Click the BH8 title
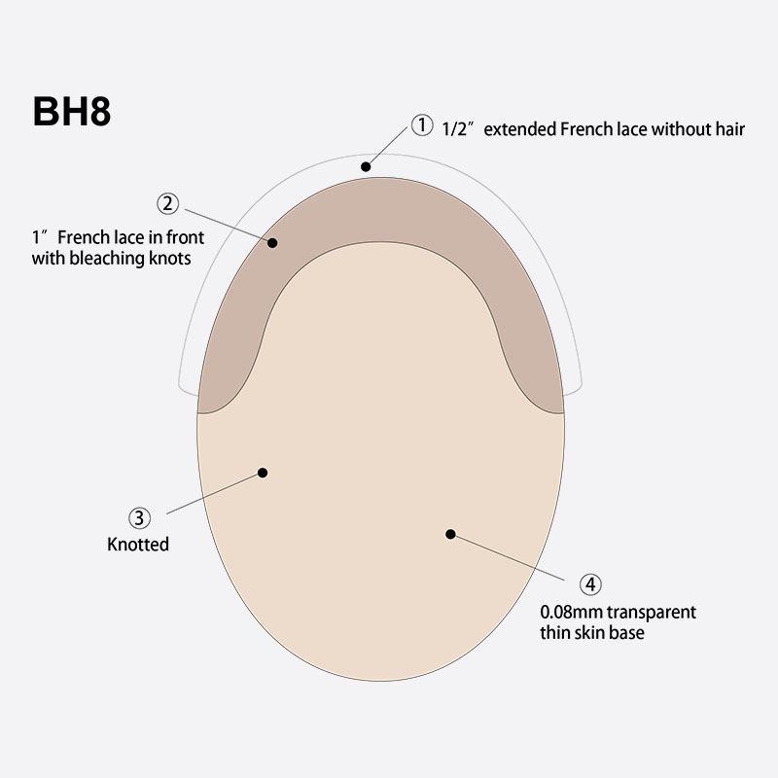72,111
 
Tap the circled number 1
421,125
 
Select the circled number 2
167,203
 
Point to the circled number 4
590,584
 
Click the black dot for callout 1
366,166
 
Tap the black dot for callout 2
273,242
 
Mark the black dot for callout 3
262,473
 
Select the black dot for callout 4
450,533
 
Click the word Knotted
138,545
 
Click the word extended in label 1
522,128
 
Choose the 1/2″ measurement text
460,128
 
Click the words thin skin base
592,633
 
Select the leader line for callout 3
214,492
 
